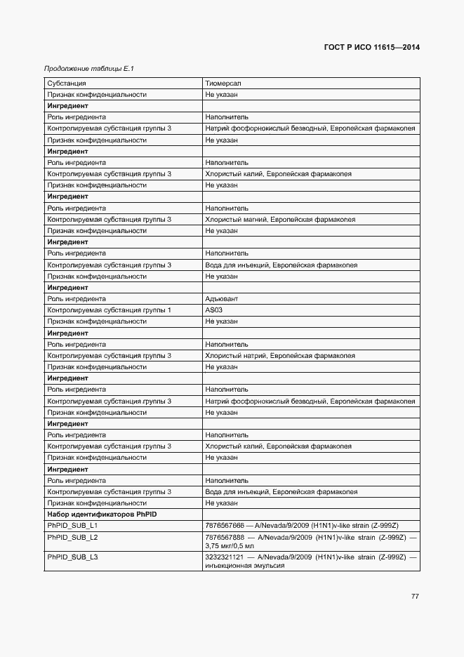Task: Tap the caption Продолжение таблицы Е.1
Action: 88,69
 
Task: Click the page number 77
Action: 415,597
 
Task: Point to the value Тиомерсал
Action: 223,84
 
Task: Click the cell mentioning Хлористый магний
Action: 280,220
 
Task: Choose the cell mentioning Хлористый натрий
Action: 280,356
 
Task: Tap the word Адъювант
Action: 222,299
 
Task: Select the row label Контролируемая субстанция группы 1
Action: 109,310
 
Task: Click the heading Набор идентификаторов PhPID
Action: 102,515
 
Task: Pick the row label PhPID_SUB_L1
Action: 72,526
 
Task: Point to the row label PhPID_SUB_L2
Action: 72,537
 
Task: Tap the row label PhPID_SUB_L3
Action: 72,557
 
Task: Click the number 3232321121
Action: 224,557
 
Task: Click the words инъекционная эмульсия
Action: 244,566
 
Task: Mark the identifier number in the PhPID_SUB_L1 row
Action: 224,526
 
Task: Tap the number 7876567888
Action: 224,537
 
